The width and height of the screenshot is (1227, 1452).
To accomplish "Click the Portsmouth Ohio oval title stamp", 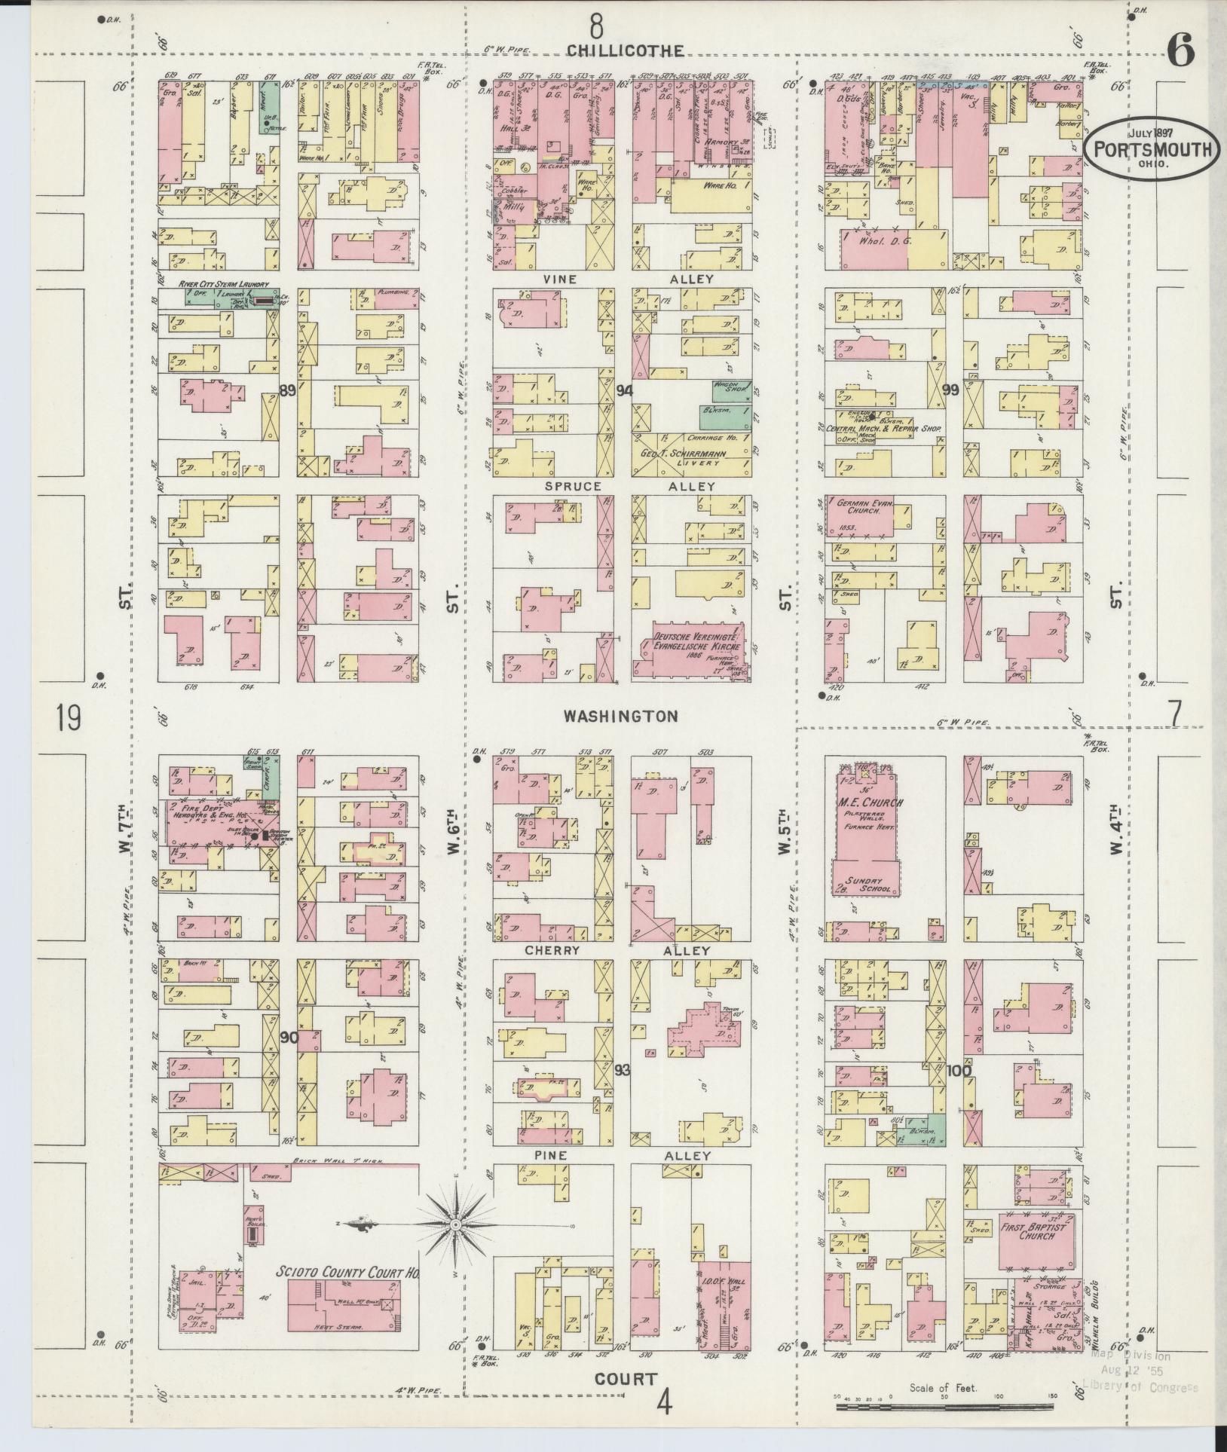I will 1151,149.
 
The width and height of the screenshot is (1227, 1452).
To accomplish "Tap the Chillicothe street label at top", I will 626,50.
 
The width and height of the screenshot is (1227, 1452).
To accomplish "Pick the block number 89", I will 287,390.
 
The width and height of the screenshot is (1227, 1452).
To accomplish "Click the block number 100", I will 959,1070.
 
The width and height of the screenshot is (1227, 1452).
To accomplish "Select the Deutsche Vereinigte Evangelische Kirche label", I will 692,640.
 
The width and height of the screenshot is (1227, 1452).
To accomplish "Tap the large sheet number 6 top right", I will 1180,52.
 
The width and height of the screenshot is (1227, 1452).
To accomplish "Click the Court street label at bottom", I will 626,1380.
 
